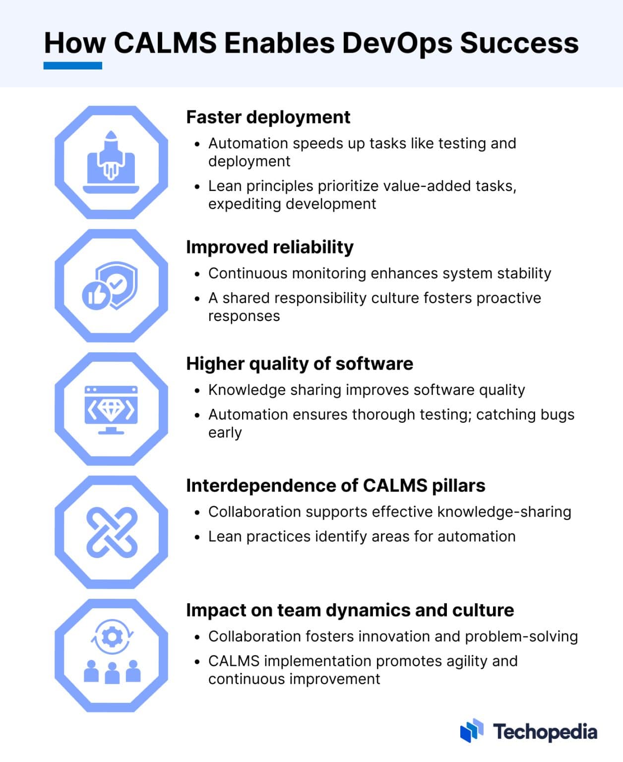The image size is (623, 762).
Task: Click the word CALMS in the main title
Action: (x=165, y=43)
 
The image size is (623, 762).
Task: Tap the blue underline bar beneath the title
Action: (x=72, y=65)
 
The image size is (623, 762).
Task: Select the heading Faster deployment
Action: (x=268, y=118)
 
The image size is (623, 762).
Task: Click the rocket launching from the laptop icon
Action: (x=111, y=155)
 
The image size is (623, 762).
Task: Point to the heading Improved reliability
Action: (x=269, y=248)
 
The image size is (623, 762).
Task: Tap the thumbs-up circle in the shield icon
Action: (x=96, y=295)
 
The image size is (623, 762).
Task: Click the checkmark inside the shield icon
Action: (x=117, y=282)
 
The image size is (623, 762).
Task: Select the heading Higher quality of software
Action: (x=300, y=364)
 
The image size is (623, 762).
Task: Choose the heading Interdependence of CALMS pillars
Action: (x=336, y=486)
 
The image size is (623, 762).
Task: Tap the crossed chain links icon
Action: (x=112, y=533)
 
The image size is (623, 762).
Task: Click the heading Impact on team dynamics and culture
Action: (x=350, y=610)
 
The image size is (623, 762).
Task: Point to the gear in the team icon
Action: (x=112, y=636)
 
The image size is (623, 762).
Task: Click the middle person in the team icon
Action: (x=112, y=673)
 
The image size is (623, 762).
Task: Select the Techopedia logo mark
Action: (x=472, y=730)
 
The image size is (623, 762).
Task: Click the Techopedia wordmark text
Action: (x=545, y=732)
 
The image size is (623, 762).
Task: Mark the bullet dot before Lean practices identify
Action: (x=197, y=537)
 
